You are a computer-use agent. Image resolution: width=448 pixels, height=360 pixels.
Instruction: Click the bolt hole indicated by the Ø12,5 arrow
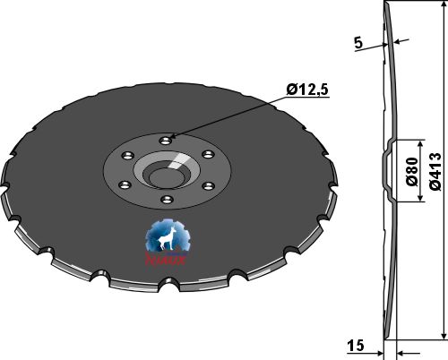pyautogui.click(x=166, y=140)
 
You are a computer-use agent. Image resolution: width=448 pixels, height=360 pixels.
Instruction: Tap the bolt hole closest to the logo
pyautogui.click(x=167, y=201)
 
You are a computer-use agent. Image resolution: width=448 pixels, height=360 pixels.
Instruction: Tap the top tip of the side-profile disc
pyautogui.click(x=386, y=5)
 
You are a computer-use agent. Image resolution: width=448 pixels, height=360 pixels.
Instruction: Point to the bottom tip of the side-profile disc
pyautogui.click(x=385, y=338)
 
